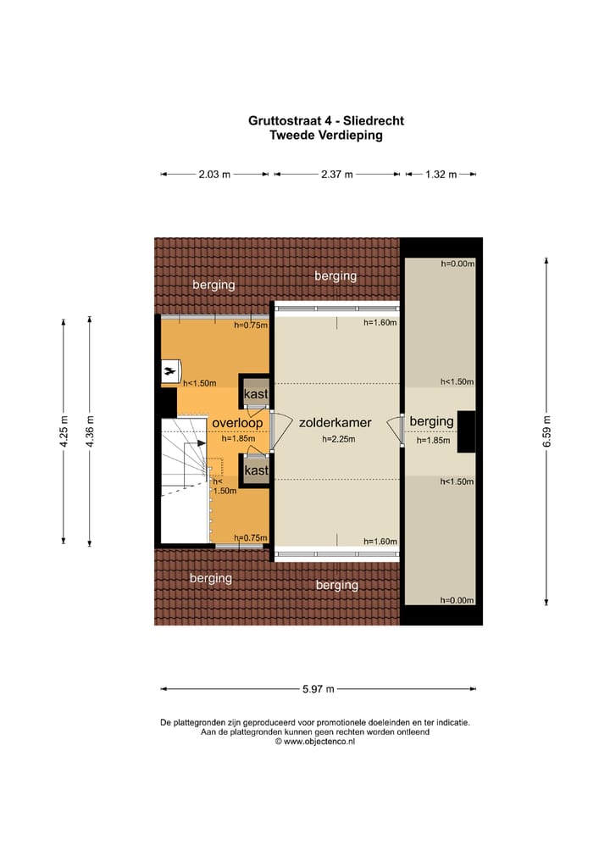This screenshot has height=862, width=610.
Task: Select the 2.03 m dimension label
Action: click(214, 175)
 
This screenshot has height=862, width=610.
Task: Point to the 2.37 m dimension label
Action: click(336, 175)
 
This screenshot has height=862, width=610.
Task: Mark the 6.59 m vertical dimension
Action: click(546, 431)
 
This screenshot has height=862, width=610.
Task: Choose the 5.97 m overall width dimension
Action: click(318, 688)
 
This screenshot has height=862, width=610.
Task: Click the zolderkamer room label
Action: click(335, 421)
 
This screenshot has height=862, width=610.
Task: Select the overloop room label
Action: click(237, 421)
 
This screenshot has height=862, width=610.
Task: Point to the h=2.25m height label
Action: click(338, 439)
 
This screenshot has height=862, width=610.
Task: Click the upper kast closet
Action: click(256, 394)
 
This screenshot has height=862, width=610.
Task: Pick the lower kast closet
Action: click(256, 470)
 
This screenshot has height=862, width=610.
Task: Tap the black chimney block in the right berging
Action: click(466, 431)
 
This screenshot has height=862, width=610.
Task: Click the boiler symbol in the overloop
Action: click(170, 371)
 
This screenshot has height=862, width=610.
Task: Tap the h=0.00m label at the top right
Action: click(457, 264)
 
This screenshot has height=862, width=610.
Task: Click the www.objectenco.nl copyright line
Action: click(314, 741)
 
